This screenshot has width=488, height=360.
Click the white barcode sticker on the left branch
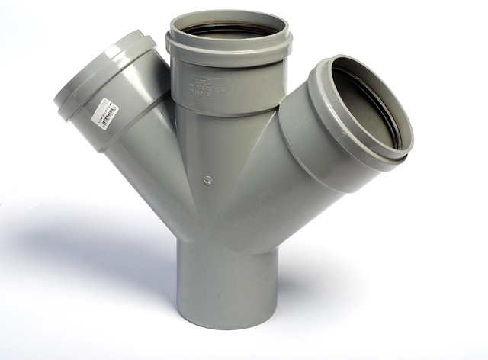coord(106,114)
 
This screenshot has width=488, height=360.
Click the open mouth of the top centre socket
coord(229,27)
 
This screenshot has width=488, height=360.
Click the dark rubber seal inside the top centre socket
coord(229,31)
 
